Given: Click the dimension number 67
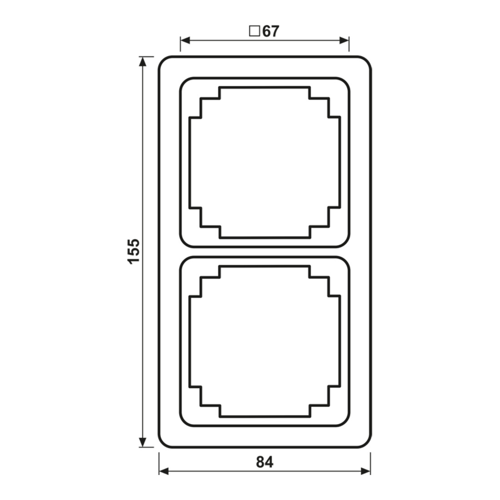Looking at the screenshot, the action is (271, 31).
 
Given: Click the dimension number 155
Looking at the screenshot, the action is (134, 251).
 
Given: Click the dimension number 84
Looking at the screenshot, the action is (265, 462).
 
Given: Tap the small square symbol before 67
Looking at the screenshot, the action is (255, 31).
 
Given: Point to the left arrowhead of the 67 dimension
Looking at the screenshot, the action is (185, 40).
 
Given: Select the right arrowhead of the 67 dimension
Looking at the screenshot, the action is (344, 40).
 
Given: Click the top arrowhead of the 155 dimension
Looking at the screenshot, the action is (143, 61).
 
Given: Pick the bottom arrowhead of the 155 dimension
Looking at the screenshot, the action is (143, 442).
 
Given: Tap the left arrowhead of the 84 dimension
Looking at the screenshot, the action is (164, 471).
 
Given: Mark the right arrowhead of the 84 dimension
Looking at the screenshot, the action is (365, 471).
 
